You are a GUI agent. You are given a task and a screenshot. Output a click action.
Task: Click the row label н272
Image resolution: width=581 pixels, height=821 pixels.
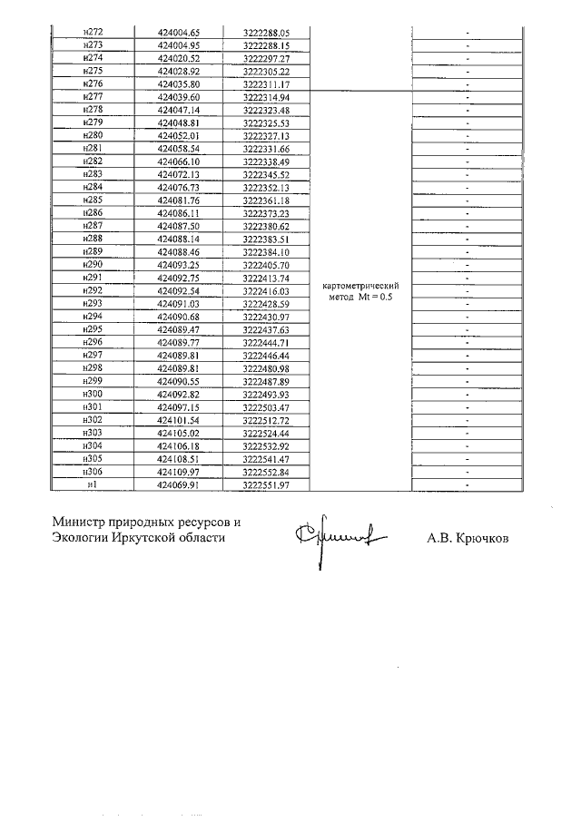pyautogui.click(x=92, y=32)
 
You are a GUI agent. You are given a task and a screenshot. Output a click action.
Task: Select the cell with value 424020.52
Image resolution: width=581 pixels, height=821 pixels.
pyautogui.click(x=178, y=58)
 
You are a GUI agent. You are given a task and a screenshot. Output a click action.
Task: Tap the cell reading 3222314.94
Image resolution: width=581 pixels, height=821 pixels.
pyautogui.click(x=266, y=97)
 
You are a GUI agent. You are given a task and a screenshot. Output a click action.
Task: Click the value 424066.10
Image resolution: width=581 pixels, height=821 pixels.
pyautogui.click(x=178, y=161)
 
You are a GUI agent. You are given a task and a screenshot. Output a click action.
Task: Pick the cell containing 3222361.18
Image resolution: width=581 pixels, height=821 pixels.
pyautogui.click(x=266, y=200)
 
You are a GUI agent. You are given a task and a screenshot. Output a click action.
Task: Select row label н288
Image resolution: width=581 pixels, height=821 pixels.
pyautogui.click(x=92, y=239)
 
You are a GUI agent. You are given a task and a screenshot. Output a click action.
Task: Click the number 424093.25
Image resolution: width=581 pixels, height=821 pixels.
pyautogui.click(x=178, y=265)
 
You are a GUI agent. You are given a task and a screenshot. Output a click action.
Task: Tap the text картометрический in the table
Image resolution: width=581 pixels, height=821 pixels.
pyautogui.click(x=361, y=286)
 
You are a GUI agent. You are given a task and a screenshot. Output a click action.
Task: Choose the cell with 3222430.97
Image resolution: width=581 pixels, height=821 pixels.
pyautogui.click(x=266, y=317)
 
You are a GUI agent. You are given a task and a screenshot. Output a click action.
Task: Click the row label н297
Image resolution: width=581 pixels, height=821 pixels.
pyautogui.click(x=92, y=356)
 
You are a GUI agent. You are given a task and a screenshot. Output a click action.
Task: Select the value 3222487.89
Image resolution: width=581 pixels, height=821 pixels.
pyautogui.click(x=266, y=381)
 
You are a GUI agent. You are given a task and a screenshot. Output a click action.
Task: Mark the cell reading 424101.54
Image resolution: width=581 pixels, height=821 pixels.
pyautogui.click(x=178, y=420)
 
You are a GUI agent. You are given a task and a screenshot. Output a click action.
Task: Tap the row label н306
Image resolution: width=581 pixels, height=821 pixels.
pyautogui.click(x=92, y=473)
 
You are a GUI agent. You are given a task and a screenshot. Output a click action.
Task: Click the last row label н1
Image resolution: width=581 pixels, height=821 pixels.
pyautogui.click(x=92, y=485)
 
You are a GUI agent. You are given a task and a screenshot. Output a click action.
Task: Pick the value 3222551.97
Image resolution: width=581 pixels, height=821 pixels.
pyautogui.click(x=266, y=485)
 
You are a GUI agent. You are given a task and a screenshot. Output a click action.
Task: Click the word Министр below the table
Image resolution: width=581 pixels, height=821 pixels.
pyautogui.click(x=77, y=523)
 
